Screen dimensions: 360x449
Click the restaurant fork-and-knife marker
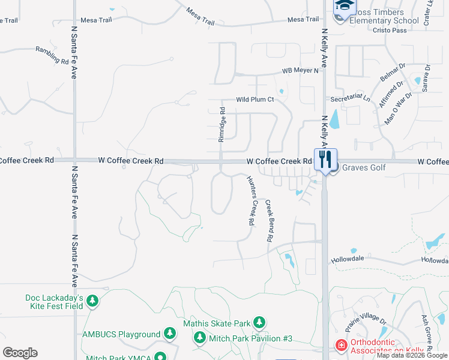pos(325,160)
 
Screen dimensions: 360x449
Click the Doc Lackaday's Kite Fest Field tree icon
pos(92,300)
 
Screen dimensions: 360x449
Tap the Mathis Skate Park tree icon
pos(259,323)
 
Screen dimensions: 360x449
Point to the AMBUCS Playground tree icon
pos(170,334)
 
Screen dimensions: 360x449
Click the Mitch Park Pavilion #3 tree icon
pos(199,338)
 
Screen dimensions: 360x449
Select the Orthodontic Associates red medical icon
pos(341,346)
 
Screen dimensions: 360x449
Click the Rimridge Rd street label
pos(222,124)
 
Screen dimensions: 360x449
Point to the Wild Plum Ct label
pos(255,100)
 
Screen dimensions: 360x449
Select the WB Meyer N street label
pos(300,71)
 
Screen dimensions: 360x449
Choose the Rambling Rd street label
pos(52,55)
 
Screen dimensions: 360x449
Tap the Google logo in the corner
pos(20,353)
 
